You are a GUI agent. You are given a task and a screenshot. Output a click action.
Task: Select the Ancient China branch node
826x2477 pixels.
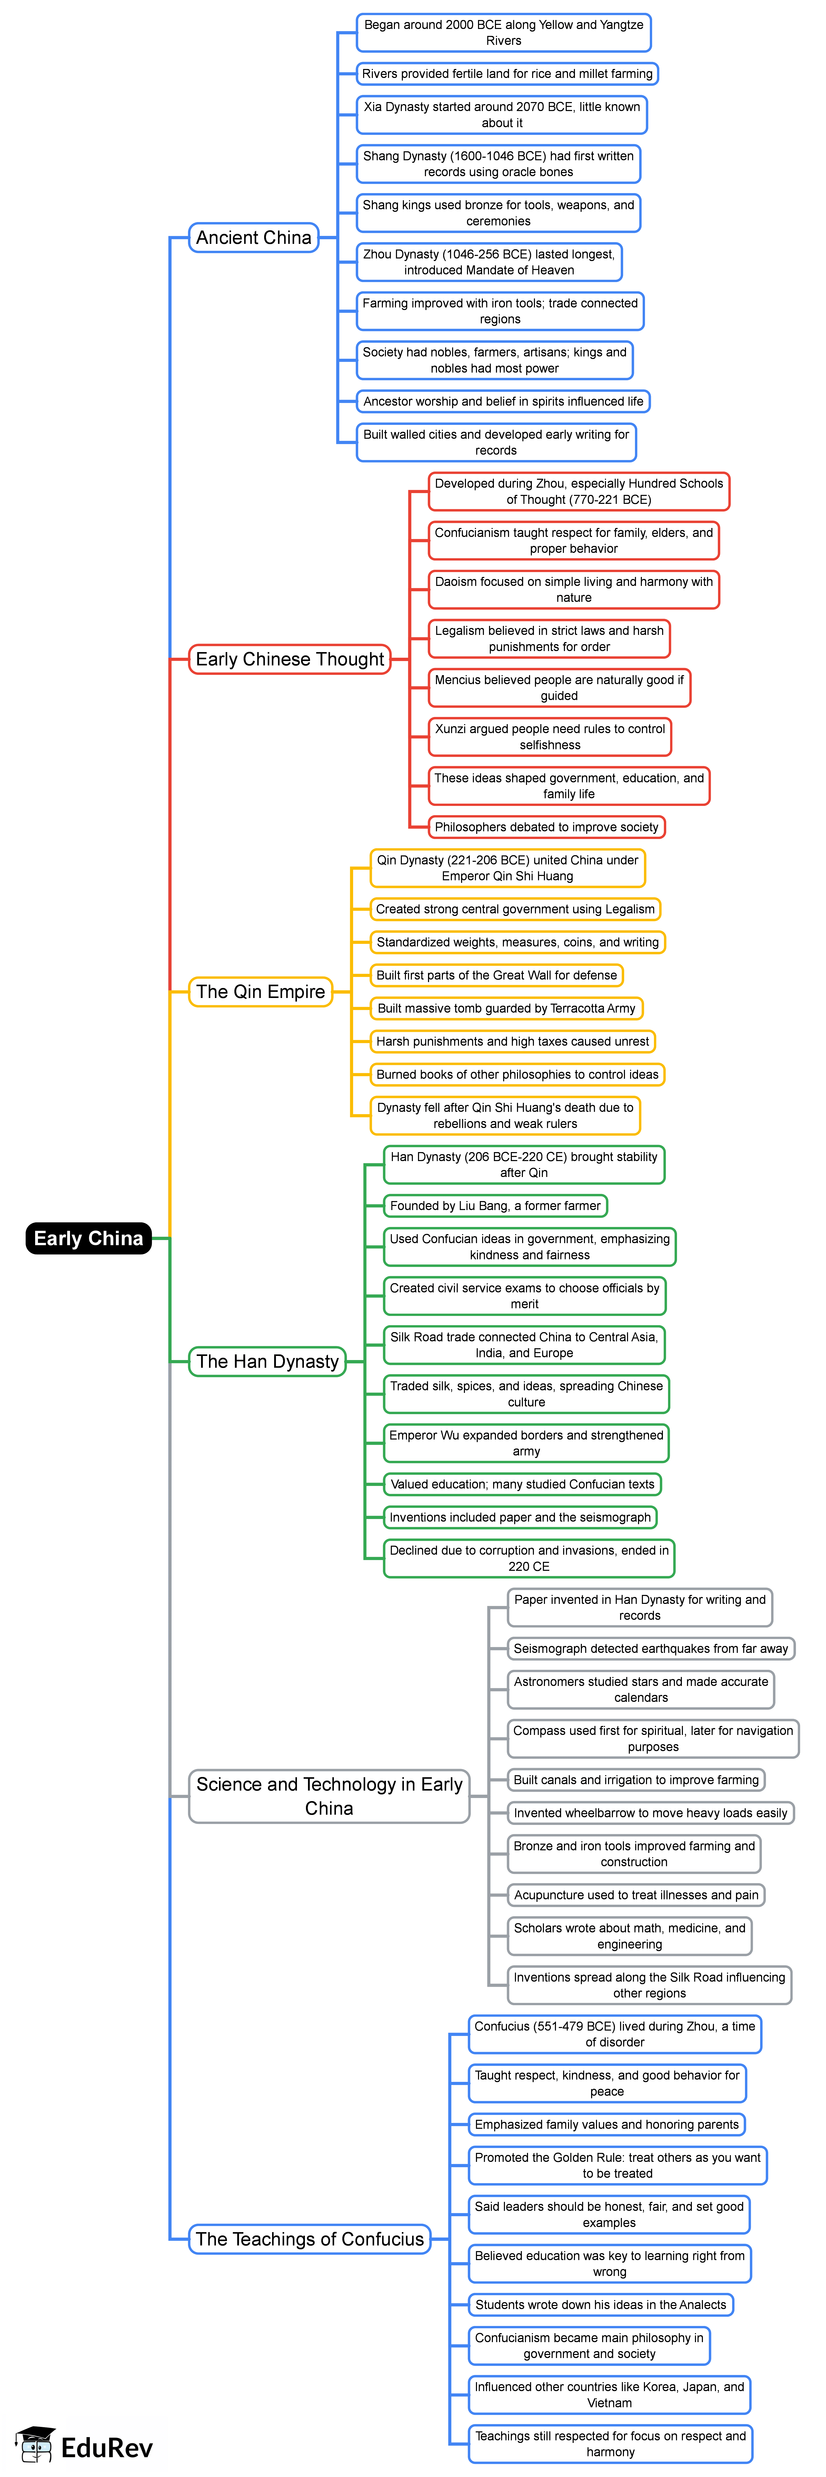(x=254, y=237)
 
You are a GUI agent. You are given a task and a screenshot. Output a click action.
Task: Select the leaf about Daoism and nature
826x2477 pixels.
(x=574, y=590)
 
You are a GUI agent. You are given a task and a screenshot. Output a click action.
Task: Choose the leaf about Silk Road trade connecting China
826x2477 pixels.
(x=524, y=1344)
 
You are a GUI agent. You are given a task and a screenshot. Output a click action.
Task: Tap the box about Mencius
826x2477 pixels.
(x=559, y=687)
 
